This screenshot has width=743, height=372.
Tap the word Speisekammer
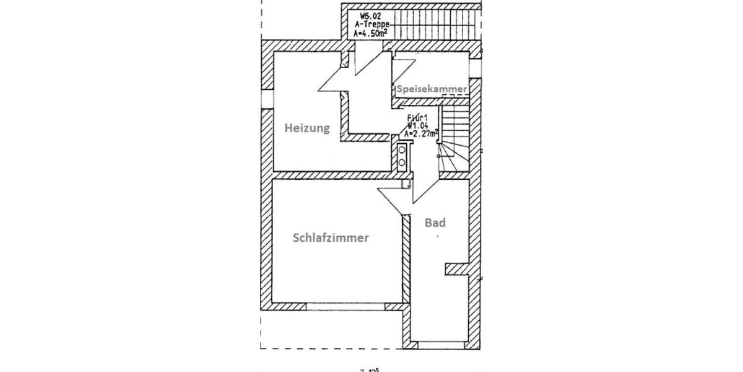tap(432, 89)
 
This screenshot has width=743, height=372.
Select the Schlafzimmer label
tap(331, 237)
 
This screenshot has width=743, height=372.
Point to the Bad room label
tap(435, 223)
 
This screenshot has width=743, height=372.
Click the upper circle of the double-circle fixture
tap(402, 149)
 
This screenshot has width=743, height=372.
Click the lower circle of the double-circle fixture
tap(402, 162)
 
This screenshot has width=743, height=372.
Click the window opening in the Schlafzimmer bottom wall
tap(345, 307)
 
